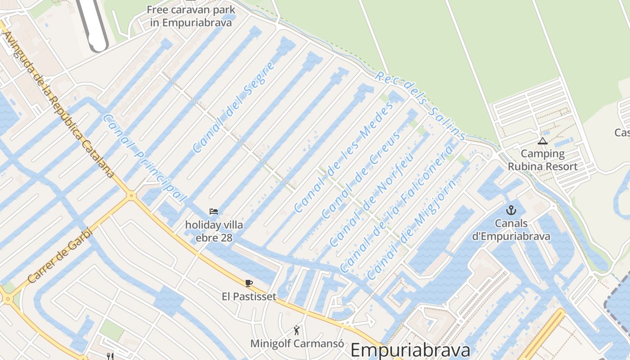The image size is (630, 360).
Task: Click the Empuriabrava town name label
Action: tap(410, 350)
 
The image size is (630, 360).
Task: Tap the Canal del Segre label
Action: tap(234, 107)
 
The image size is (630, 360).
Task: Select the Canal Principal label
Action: tap(144, 158)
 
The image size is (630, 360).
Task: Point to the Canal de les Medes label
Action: tap(343, 156)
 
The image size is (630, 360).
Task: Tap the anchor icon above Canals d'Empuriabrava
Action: tap(511, 210)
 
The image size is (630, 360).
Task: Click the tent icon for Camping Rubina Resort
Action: tap(543, 141)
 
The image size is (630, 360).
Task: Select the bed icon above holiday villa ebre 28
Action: tap(214, 211)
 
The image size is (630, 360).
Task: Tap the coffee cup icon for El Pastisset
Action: tap(249, 283)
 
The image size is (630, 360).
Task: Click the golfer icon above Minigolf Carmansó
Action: tap(297, 331)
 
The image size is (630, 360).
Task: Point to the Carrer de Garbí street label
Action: tap(59, 256)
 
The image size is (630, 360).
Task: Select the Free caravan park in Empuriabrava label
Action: tap(191, 16)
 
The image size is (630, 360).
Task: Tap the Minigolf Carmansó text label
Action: tap(297, 343)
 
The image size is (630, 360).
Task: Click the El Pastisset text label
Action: tap(249, 296)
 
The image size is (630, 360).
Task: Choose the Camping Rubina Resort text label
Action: tap(543, 160)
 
